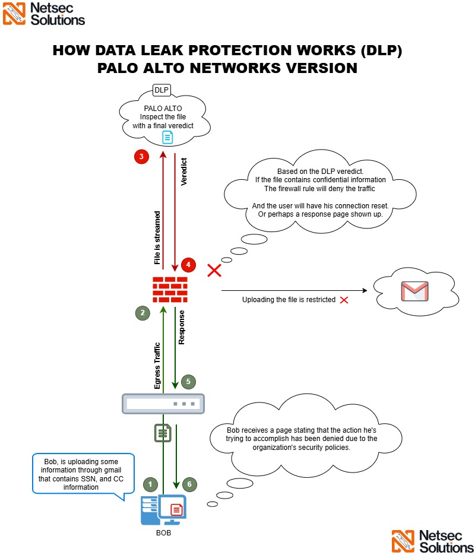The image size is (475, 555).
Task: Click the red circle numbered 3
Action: pos(141,157)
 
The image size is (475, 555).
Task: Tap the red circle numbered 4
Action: pos(188,265)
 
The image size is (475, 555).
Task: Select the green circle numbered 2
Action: pos(142,312)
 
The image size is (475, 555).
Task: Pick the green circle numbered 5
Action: pos(188,382)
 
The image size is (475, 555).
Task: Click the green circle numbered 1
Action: pos(151,484)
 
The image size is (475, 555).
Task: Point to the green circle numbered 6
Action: pos(188,484)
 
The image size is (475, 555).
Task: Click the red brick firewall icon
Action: pos(170,290)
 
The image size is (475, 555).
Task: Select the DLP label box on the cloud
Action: pos(161,90)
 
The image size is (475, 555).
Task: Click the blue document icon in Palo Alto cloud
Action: pos(168,138)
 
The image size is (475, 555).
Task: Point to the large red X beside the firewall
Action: pos(214,271)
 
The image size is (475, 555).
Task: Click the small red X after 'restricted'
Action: pos(344,300)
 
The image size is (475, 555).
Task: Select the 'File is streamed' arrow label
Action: pos(157,236)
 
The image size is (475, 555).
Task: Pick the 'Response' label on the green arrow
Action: pos(182,327)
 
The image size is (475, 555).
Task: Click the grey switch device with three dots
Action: pos(163,404)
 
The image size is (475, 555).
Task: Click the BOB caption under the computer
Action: pos(162,532)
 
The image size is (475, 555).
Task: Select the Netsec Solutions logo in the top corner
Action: pos(44,14)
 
